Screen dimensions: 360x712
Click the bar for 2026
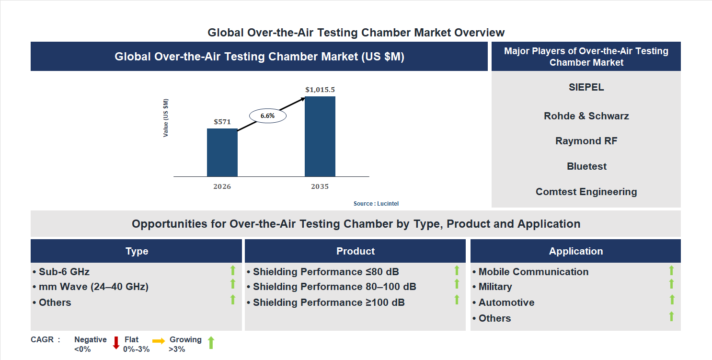222,152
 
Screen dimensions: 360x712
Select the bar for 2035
320,136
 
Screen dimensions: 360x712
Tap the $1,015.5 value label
320,90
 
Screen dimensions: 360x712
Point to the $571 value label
222,122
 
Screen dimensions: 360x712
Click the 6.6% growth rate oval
267,116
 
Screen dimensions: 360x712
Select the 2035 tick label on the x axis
320,186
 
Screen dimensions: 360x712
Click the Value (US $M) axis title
166,118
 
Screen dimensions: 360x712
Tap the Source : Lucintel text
376,204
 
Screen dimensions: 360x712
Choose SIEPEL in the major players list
586,87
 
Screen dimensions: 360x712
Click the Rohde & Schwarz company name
586,116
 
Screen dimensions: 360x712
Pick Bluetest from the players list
586,166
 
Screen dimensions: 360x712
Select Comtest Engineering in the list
586,192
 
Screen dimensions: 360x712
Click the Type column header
137,251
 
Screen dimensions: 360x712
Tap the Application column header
575,251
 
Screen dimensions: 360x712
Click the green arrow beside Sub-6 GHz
233,270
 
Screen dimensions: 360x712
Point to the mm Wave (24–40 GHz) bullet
91,287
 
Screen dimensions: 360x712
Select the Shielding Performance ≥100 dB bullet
325,302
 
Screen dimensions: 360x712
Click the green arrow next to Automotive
672,300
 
